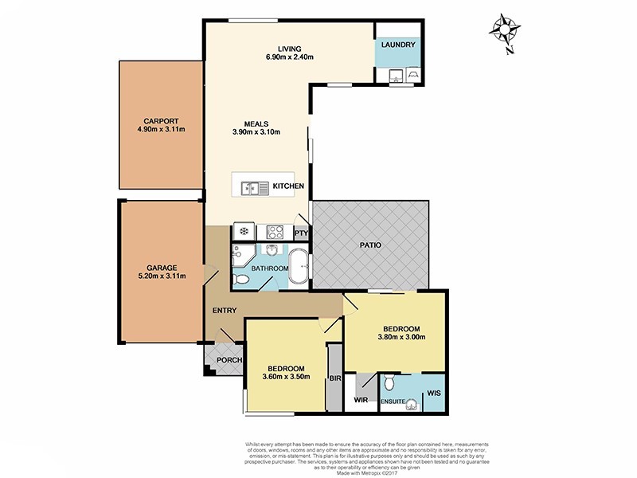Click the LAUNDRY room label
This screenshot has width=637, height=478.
[398, 45]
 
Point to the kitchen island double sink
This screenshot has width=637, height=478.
[256, 188]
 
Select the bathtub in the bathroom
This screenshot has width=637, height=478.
[299, 267]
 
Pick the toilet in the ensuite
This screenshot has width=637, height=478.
[389, 383]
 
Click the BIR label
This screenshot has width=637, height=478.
[334, 378]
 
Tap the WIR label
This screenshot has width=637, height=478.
[361, 401]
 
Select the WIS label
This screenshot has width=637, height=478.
[433, 393]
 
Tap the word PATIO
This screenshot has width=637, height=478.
[369, 245]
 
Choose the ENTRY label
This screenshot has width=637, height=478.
[224, 311]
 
